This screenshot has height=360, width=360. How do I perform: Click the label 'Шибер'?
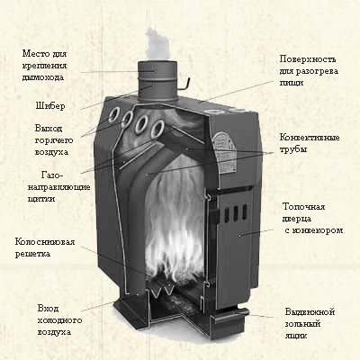(50, 106)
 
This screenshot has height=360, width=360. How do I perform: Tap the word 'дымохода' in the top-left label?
(43, 77)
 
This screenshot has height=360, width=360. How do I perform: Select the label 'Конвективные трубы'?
(310, 143)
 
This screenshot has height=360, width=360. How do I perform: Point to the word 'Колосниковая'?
(45, 241)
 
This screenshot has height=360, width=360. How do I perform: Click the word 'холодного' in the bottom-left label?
(59, 320)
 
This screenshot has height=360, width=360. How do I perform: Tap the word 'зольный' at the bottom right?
(303, 324)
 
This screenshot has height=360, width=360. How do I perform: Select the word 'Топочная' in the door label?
(304, 207)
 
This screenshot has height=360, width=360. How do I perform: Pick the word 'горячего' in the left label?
(54, 140)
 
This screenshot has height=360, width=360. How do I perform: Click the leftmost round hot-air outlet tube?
(114, 114)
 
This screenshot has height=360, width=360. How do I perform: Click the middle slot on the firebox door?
(236, 213)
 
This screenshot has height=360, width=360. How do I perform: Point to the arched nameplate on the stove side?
(224, 154)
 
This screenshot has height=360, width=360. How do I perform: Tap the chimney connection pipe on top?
(157, 82)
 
